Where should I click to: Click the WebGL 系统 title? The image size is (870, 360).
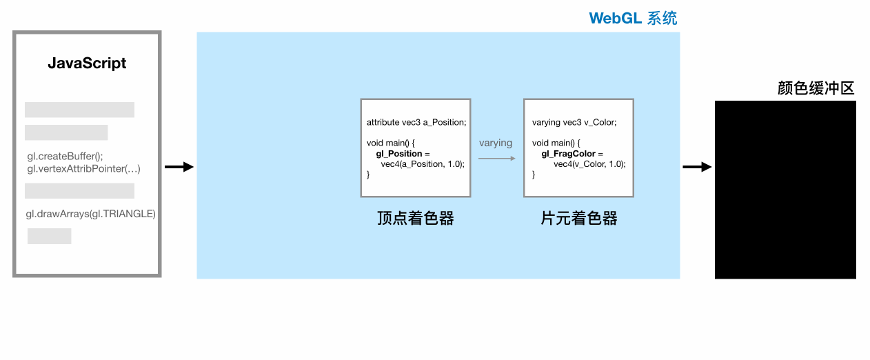[x=633, y=18]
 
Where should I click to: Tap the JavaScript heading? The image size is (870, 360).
[x=87, y=63]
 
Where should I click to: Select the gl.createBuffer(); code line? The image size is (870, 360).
[x=65, y=156]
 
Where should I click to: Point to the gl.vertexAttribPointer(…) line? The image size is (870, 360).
[x=83, y=169]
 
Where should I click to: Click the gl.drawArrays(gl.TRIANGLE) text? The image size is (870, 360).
[x=90, y=214]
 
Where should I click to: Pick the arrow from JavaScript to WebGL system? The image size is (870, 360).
[x=179, y=167]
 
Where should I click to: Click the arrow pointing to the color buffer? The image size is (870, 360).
[x=697, y=167]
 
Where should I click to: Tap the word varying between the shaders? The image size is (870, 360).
[x=496, y=143]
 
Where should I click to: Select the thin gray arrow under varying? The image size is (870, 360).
[x=497, y=159]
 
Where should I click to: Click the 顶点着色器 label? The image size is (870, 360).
[x=416, y=218]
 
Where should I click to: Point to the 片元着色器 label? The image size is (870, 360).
[x=578, y=218]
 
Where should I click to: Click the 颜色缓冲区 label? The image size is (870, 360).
[x=816, y=88]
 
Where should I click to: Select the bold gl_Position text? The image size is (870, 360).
[x=399, y=154]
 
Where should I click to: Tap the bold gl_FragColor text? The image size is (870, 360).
[x=568, y=154]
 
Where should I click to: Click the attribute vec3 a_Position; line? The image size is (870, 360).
[x=416, y=122]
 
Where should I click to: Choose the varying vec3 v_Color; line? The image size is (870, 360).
[x=574, y=122]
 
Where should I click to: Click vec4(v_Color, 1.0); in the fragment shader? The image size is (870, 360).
[x=589, y=164]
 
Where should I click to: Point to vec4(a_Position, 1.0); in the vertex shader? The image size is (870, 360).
[x=423, y=164]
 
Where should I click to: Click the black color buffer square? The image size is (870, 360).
[x=785, y=190]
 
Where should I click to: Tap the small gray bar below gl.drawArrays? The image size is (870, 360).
[x=50, y=236]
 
